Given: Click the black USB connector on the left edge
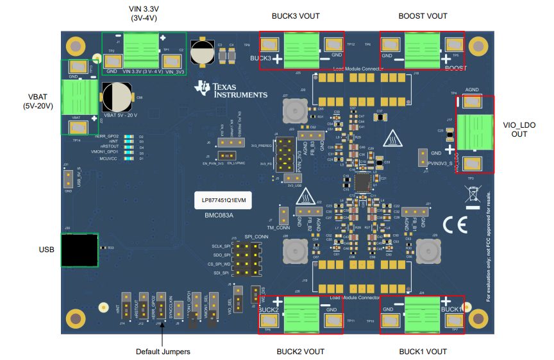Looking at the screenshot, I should click(x=78, y=249).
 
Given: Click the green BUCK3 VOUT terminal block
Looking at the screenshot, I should click(x=301, y=48).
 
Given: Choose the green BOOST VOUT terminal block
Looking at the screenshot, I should click(x=422, y=49).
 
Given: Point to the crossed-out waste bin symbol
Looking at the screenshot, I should click(x=473, y=194).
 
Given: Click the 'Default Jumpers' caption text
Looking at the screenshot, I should click(x=163, y=351).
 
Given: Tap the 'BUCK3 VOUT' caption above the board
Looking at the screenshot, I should click(x=296, y=16).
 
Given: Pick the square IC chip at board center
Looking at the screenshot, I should click(x=363, y=182).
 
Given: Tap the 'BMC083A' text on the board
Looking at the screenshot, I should click(x=219, y=216).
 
